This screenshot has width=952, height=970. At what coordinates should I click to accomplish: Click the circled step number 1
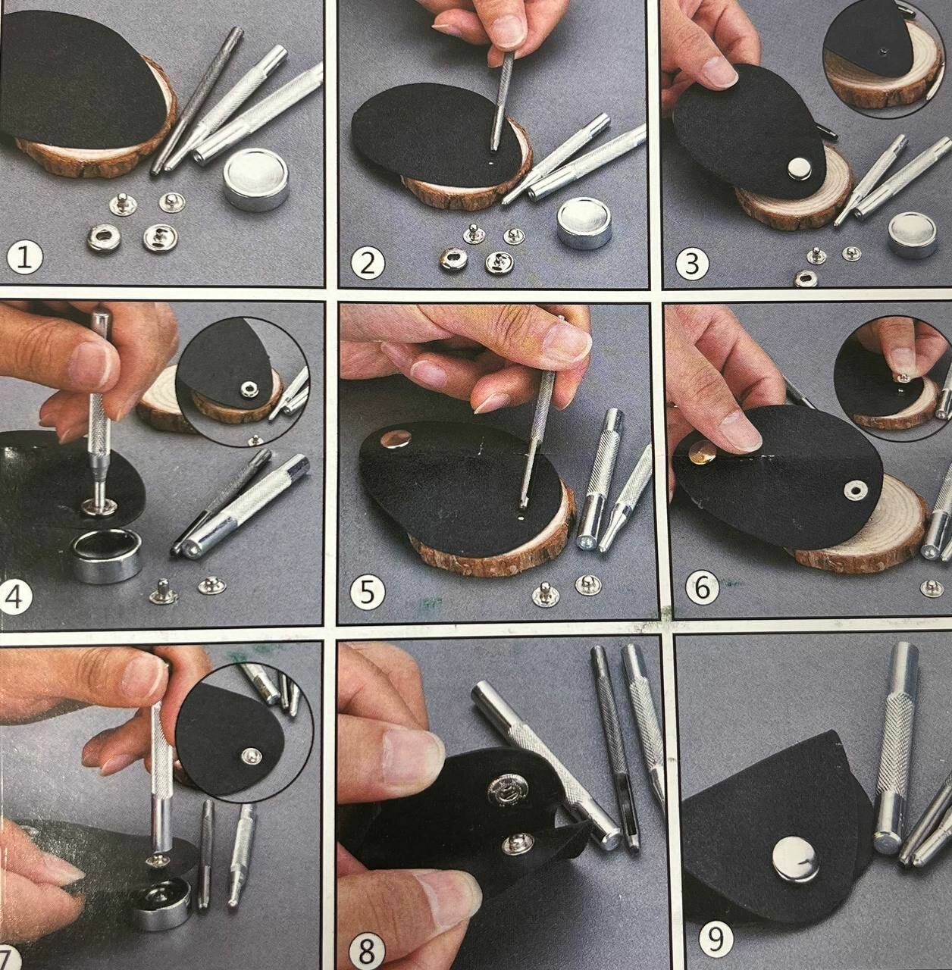(x=25, y=258)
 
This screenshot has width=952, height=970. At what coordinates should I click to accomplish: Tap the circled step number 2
(x=368, y=262)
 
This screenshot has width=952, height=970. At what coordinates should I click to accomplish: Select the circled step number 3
(x=693, y=263)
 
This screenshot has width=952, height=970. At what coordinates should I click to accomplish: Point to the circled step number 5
(x=367, y=592)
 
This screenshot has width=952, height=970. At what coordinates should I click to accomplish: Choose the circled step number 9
(x=716, y=925)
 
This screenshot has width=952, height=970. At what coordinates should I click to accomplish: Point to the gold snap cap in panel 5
(x=395, y=439)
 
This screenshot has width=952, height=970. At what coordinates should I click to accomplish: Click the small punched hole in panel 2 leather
(x=490, y=162)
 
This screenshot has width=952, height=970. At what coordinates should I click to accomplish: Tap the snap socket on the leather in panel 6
(x=853, y=489)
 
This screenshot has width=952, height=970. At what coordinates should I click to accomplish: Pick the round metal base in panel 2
(x=583, y=223)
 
